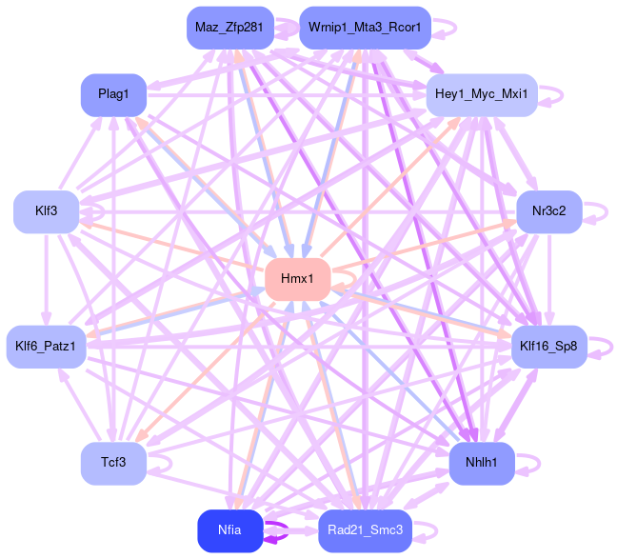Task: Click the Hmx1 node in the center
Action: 297,278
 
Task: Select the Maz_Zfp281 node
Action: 229,27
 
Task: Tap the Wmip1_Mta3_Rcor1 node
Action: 365,27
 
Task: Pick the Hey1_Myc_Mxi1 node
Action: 481,94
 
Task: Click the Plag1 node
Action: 113,94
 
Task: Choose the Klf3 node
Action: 45,210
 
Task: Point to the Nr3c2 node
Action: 548,210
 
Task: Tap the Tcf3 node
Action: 113,463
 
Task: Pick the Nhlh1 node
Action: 482,463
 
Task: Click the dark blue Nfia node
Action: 229,529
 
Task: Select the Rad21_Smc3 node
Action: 365,529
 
